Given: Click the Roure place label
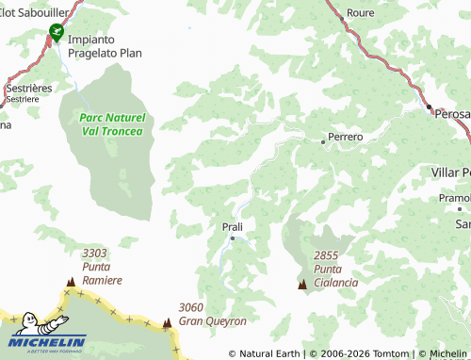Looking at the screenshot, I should [361, 14].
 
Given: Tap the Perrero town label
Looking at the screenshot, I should [346, 137].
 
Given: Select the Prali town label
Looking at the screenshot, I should [232, 227].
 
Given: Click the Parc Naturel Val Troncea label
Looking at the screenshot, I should [111, 124].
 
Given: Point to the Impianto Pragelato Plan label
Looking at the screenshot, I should [104, 46].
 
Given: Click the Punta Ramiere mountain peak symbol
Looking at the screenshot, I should [70, 282].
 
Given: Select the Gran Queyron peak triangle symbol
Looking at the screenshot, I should [168, 322].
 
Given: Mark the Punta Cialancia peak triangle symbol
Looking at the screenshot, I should [302, 284].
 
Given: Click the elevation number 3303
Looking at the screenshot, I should [94, 254].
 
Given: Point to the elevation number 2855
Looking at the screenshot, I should [326, 255].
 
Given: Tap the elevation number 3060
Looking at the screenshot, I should [191, 307].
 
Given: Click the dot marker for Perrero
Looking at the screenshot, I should [323, 142].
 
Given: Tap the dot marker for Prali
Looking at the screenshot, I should [233, 238].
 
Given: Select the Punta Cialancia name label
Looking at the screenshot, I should [336, 276].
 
